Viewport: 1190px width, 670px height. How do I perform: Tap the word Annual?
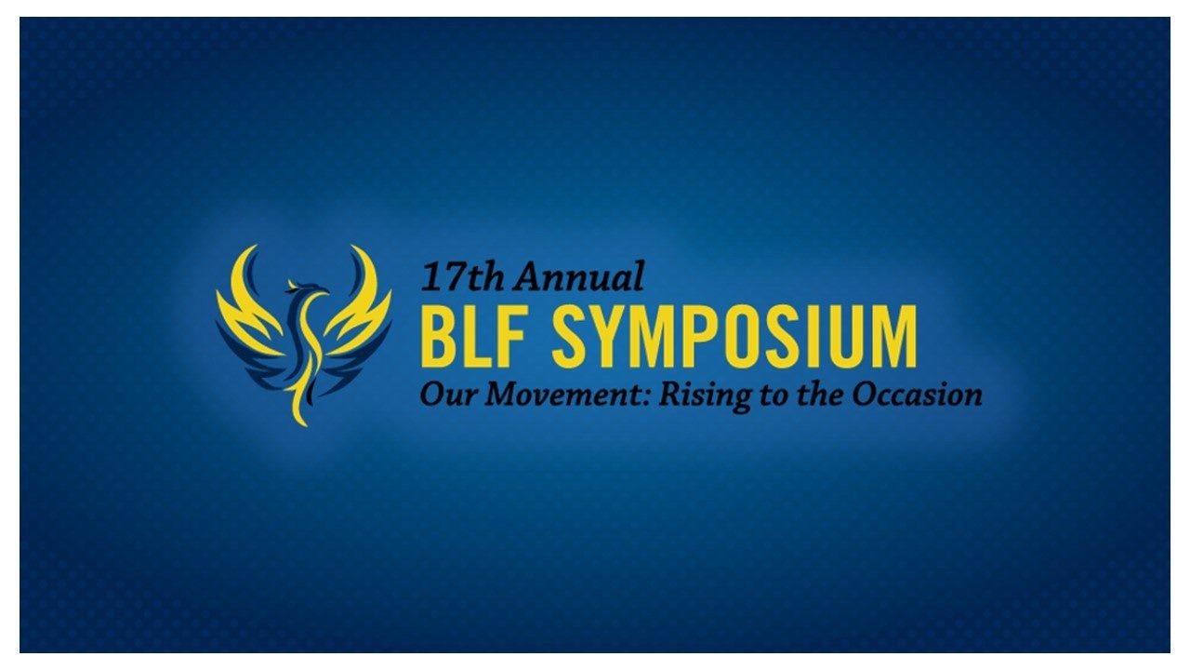coord(578,276)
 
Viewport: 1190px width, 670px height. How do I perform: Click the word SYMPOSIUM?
coord(734,337)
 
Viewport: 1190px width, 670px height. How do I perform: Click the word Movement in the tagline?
coord(563,395)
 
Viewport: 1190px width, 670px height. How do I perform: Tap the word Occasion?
coord(918,395)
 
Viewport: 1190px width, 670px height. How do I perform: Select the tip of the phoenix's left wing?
coord(253,247)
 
